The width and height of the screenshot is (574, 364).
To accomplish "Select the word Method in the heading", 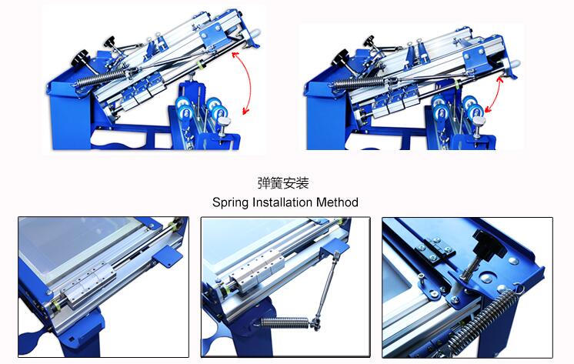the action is point(337,202).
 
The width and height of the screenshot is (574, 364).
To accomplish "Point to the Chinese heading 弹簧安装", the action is point(283,182).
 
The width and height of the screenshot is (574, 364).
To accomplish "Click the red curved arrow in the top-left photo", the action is point(250,82).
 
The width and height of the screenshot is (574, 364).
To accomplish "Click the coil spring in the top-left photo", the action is point(102,78).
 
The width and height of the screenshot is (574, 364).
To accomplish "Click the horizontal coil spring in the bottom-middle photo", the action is point(285,322).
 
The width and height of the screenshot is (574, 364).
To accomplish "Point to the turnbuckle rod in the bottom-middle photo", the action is point(325,286).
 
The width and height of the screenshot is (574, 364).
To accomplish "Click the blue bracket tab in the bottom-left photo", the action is point(168,255).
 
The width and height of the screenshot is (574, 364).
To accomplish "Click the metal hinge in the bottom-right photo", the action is point(436,250).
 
